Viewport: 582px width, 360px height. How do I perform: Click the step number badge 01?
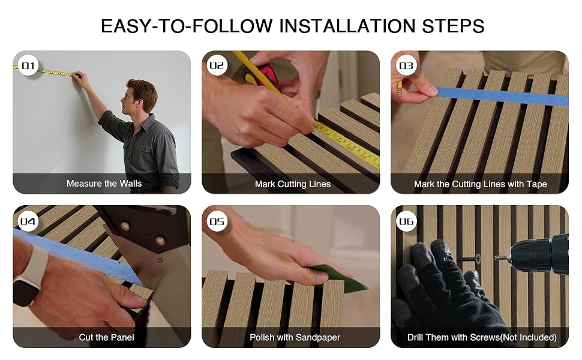[x=28, y=65]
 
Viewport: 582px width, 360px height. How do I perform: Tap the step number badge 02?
[x=217, y=65]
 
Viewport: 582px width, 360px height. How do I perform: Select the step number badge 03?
[x=406, y=65]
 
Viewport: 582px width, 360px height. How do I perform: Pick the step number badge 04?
[x=28, y=221]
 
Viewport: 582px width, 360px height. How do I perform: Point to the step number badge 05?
[x=217, y=221]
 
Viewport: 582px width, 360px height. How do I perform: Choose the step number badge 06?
[x=406, y=221]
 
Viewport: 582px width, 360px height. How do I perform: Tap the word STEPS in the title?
[x=453, y=26]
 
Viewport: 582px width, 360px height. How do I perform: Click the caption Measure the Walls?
[x=104, y=184]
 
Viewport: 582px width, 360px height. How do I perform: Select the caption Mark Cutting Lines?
[x=292, y=184]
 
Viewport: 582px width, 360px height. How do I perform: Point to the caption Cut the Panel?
[x=106, y=337]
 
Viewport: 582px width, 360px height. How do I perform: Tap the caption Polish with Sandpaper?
[x=295, y=337]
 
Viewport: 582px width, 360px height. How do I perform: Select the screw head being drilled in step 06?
[x=478, y=259]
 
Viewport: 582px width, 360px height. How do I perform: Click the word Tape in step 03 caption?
[x=536, y=184]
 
